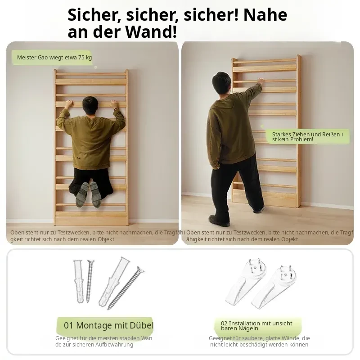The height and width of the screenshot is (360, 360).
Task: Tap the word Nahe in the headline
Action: coord(265,15)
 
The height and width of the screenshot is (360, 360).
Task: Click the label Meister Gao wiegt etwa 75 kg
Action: coord(54,58)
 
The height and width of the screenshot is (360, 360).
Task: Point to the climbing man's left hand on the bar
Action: coord(69,104)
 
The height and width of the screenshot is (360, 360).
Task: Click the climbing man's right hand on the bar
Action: coord(114,104)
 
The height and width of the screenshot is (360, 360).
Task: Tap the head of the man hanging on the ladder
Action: coord(90,105)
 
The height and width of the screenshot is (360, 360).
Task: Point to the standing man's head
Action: coord(221,83)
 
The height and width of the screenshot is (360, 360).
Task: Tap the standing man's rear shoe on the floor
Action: coord(219,220)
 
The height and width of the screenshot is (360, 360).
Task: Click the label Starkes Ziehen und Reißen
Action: coord(307,137)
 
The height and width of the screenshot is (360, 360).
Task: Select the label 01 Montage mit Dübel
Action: coord(108,325)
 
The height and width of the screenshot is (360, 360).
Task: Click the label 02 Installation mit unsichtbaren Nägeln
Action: coord(256,326)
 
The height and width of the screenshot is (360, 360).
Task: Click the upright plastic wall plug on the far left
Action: coord(78,281)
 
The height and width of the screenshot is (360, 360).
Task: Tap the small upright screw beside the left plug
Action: coord(90,281)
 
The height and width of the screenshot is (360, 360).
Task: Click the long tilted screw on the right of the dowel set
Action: coord(126,288)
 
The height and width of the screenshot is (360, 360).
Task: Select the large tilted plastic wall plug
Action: coord(114,281)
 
